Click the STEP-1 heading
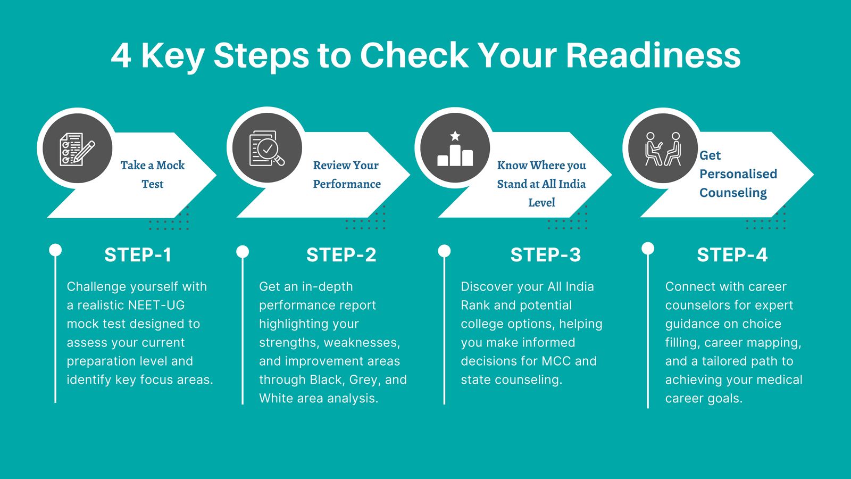click(138, 255)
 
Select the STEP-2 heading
click(341, 255)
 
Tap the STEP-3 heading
click(546, 255)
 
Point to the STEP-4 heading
click(732, 255)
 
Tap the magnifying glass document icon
click(266, 148)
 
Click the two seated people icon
click(663, 149)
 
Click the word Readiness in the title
click(653, 55)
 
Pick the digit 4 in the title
click(121, 56)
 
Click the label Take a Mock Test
click(153, 175)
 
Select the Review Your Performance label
click(347, 175)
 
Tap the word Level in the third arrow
click(542, 202)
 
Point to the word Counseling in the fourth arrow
click(733, 193)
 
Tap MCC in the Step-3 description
click(556, 361)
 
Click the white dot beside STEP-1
click(55, 250)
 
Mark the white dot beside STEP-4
click(648, 248)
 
